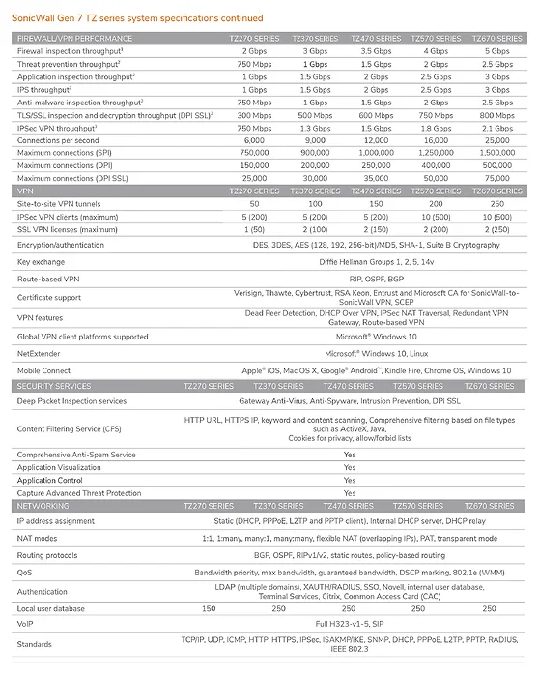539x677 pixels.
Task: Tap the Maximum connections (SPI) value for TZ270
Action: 227,152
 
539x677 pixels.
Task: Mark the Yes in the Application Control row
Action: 349,480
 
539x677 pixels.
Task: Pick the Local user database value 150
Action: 208,607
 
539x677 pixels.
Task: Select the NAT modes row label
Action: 38,537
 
